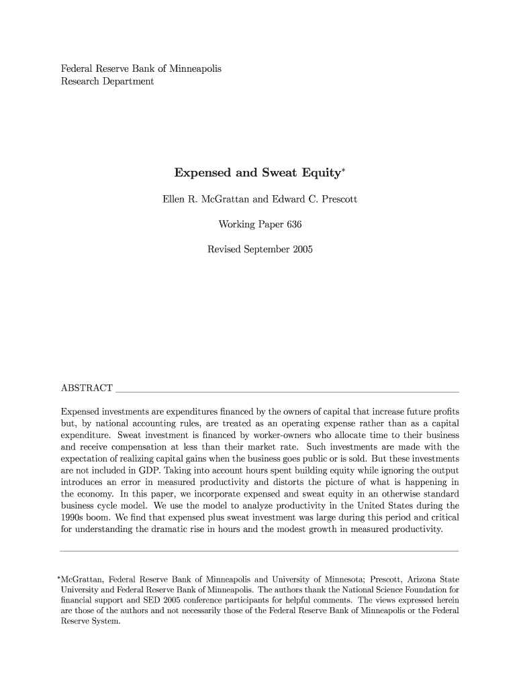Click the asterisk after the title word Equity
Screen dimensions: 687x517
coord(343,170)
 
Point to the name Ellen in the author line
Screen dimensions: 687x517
coord(176,199)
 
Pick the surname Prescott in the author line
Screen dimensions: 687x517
coord(338,199)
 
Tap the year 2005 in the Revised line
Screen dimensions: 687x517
coord(301,249)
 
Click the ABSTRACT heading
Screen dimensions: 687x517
coord(87,388)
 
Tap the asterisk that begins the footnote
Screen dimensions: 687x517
coord(58,576)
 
